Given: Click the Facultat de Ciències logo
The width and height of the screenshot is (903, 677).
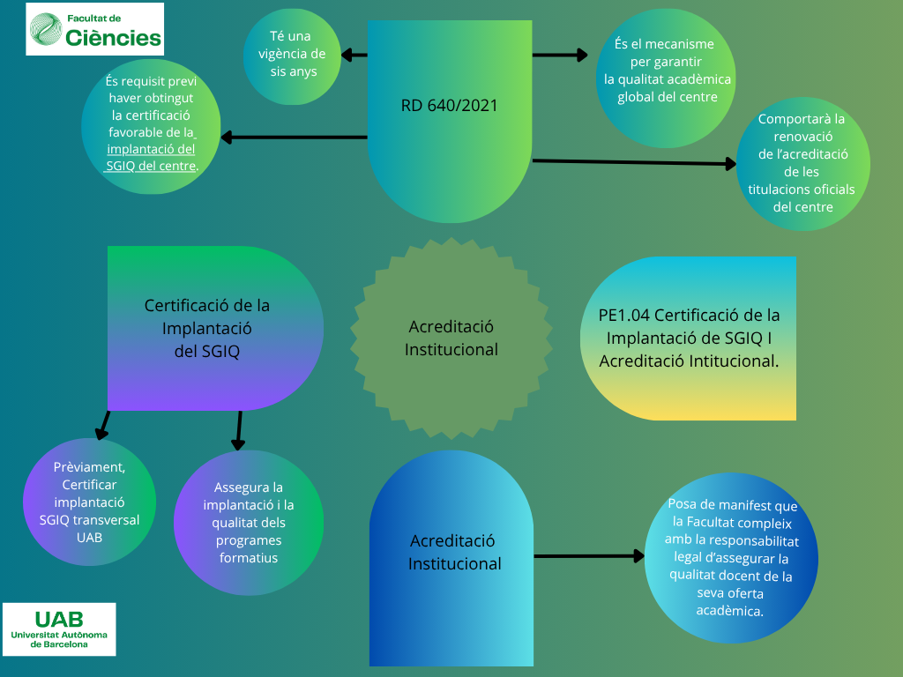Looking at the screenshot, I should [95, 29].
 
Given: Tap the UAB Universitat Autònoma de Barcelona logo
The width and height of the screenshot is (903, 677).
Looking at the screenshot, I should [59, 629].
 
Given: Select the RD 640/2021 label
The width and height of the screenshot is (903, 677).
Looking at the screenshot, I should [449, 106].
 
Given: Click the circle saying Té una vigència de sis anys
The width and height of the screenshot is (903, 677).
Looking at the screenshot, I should [292, 56].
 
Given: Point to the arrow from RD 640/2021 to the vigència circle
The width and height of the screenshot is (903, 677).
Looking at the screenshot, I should [354, 56].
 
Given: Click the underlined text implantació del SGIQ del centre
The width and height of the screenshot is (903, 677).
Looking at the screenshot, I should [152, 157].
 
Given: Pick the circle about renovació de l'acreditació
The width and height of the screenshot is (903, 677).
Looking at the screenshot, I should [801, 163].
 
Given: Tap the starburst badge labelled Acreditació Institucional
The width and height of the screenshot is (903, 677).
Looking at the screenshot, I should [451, 338].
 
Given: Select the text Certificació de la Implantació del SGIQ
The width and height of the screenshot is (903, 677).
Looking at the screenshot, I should [207, 328].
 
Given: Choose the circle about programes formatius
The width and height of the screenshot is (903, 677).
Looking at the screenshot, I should [248, 522].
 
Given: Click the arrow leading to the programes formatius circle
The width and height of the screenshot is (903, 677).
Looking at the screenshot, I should [237, 431].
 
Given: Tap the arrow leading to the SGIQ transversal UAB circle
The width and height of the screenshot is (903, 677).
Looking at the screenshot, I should [103, 425].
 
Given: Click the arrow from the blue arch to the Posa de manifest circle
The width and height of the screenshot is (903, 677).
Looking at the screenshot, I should [589, 556].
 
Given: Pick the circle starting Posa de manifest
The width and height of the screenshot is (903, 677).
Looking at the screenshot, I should [731, 557].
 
